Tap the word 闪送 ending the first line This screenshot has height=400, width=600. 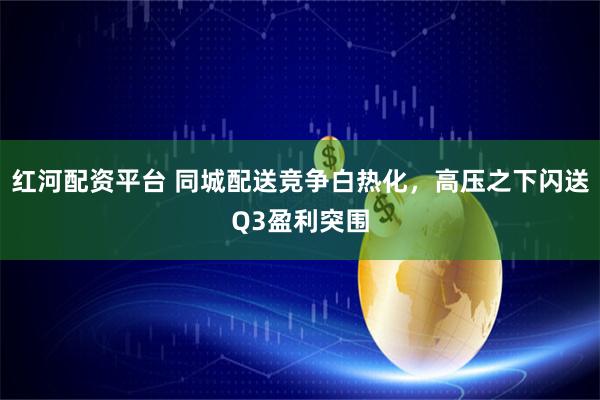tap(564, 183)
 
